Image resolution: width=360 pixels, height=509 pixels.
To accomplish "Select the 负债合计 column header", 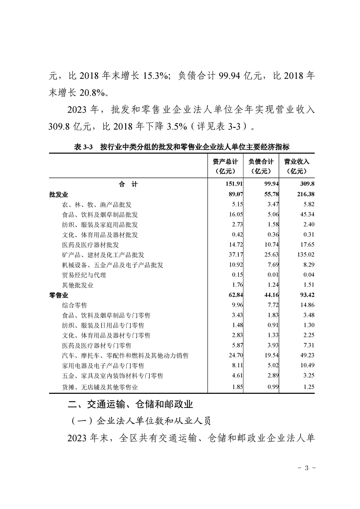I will point(261,166).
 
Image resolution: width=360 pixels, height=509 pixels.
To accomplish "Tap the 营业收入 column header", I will point(296,166).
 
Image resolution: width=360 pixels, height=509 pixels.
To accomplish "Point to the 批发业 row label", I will point(58,194).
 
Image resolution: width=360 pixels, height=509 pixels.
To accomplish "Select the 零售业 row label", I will point(58,295).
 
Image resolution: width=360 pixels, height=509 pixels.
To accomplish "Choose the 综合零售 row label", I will point(74,305).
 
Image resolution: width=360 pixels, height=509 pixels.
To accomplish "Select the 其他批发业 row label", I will point(77,285).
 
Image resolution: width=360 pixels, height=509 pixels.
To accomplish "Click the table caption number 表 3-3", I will point(83,147).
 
